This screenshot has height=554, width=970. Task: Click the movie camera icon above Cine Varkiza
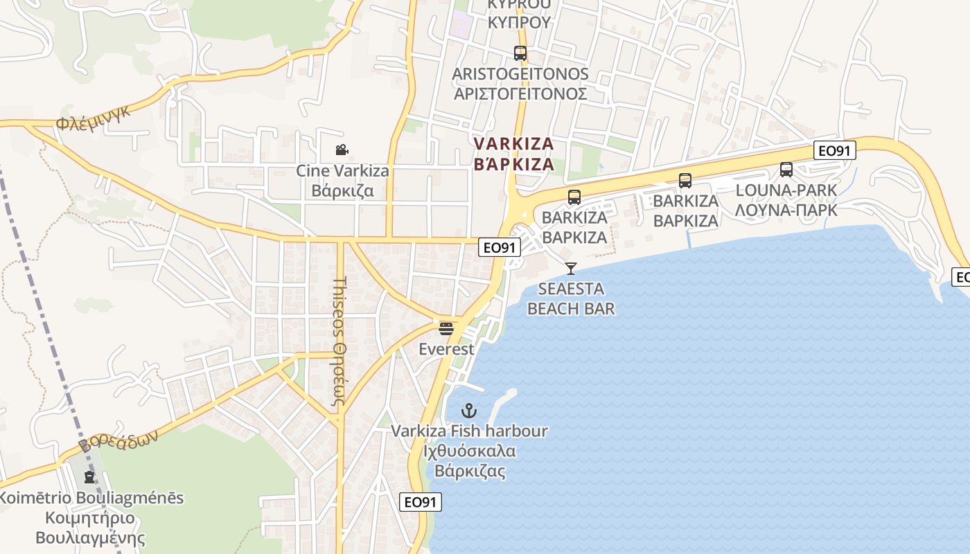pyautogui.click(x=341, y=150)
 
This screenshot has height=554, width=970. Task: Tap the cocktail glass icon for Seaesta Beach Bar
pyautogui.click(x=571, y=268)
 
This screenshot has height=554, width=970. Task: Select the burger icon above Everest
pyautogui.click(x=446, y=328)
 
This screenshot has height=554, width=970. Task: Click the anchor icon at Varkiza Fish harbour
pyautogui.click(x=469, y=411)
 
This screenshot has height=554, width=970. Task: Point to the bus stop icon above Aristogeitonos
pyautogui.click(x=520, y=53)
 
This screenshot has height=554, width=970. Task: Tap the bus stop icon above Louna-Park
pyautogui.click(x=786, y=170)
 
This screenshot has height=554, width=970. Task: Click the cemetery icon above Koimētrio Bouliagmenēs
pyautogui.click(x=89, y=476)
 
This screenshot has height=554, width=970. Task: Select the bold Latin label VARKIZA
pyautogui.click(x=513, y=144)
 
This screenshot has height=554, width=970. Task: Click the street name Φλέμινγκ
pyautogui.click(x=94, y=118)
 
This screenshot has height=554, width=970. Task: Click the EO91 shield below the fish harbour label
pyautogui.click(x=421, y=502)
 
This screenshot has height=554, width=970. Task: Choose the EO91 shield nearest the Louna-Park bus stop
pyautogui.click(x=835, y=150)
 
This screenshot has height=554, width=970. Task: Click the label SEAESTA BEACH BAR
pyautogui.click(x=571, y=298)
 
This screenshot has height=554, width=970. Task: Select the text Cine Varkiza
pyautogui.click(x=342, y=170)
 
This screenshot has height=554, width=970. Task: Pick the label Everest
pyautogui.click(x=447, y=349)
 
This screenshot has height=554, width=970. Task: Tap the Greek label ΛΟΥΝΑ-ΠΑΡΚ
pyautogui.click(x=786, y=209)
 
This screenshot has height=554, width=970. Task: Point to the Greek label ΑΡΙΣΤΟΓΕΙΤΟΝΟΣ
pyautogui.click(x=520, y=93)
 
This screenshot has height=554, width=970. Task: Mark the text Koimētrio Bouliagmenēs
pyautogui.click(x=91, y=498)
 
